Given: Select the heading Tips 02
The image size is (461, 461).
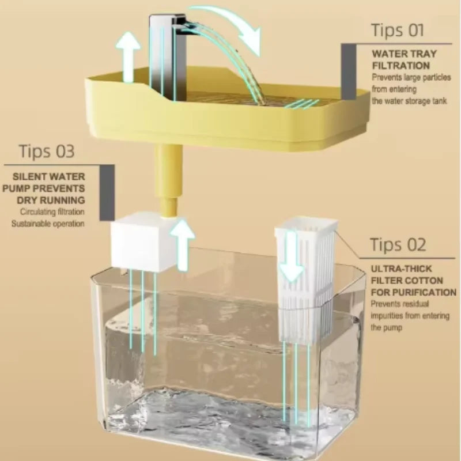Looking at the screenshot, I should (398, 244).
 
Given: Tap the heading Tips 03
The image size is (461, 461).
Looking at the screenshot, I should (47, 152).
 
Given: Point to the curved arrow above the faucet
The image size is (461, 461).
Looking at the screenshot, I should (231, 26).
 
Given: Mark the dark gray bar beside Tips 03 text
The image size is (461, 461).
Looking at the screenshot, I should (107, 192).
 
